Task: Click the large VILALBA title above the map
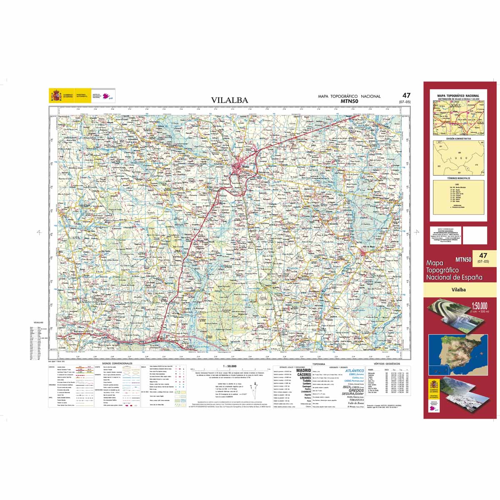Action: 229,100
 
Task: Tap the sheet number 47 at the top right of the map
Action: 406,95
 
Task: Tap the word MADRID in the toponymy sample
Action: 303,370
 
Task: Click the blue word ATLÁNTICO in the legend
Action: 355,370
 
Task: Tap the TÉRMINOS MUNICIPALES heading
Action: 458,178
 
